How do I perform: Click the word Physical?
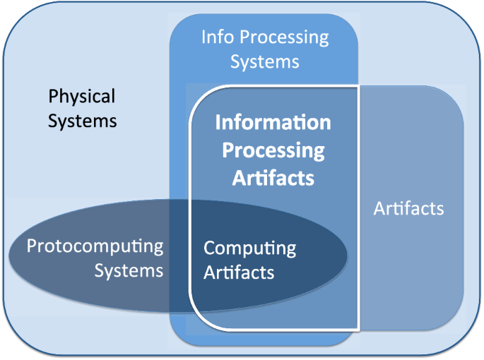81,97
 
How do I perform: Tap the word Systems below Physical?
82,121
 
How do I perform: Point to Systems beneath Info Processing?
264,61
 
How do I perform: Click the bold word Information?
273,123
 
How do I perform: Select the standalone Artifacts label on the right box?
408,209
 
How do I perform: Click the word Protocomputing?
95,247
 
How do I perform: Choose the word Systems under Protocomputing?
129,271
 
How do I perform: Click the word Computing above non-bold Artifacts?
249,248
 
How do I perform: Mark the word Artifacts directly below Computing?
239,272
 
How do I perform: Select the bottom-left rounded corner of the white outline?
196,323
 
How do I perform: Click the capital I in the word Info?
203,37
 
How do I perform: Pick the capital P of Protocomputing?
31,247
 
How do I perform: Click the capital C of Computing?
210,248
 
